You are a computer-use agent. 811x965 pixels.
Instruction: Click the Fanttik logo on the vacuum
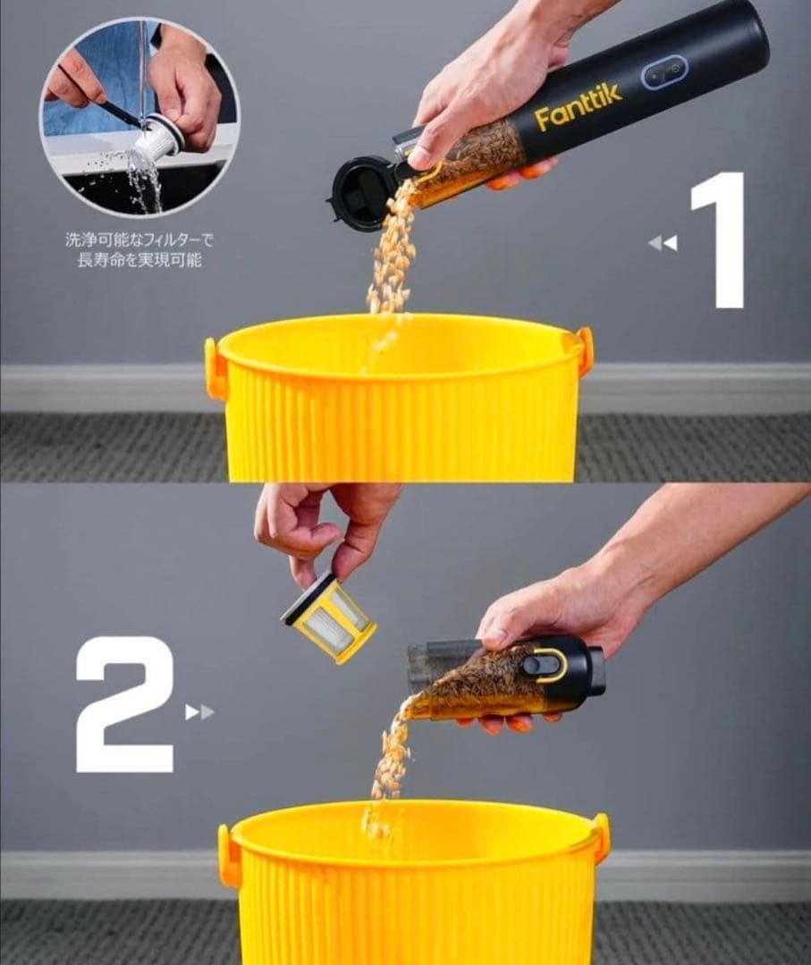pyautogui.click(x=579, y=110)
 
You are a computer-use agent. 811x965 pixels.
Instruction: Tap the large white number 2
pyautogui.click(x=125, y=704)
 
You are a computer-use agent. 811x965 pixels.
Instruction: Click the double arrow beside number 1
pyautogui.click(x=663, y=243)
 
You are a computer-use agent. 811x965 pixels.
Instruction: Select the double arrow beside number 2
pyautogui.click(x=200, y=712)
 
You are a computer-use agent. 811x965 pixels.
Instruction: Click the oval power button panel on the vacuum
pyautogui.click(x=664, y=72)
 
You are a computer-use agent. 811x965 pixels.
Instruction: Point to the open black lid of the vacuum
pyautogui.click(x=359, y=193)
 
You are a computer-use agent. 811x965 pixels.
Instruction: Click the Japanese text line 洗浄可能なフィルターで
pyautogui.click(x=139, y=239)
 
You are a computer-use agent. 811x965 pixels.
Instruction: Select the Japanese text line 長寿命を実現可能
pyautogui.click(x=139, y=260)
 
